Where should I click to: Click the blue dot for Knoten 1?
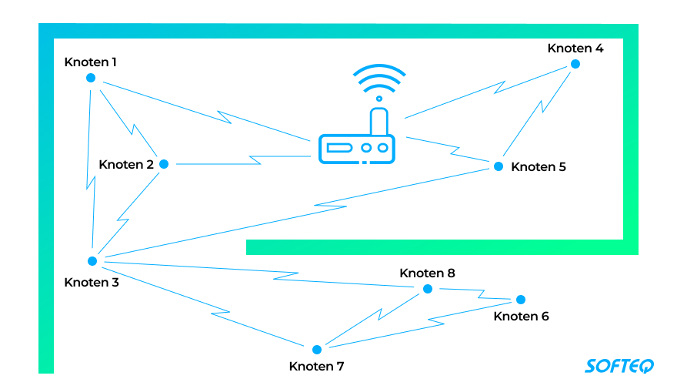(x=91, y=78)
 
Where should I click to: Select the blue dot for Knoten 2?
(x=163, y=163)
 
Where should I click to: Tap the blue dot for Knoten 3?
(x=92, y=260)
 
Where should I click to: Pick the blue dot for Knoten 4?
(x=575, y=64)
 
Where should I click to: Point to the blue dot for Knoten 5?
(x=498, y=166)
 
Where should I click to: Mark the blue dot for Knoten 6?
(x=520, y=300)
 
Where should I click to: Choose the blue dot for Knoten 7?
(x=316, y=349)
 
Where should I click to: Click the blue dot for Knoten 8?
(x=428, y=289)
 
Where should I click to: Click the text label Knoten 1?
(x=91, y=62)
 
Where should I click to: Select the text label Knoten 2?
(x=126, y=164)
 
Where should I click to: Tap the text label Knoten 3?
(x=92, y=282)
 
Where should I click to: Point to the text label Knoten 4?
(x=575, y=48)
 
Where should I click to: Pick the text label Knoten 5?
(x=539, y=166)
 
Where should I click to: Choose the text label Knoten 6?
(x=522, y=316)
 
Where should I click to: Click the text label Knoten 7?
(x=316, y=366)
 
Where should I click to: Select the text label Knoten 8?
(x=428, y=273)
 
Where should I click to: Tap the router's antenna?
(x=378, y=122)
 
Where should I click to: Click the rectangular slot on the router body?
(x=338, y=147)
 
